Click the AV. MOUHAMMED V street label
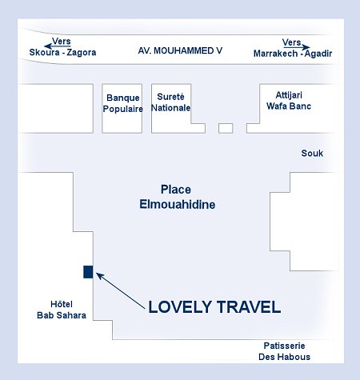[x=180, y=50]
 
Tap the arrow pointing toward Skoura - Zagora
[x=58, y=46]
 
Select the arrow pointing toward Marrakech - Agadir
[x=296, y=47]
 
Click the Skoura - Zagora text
[x=62, y=52]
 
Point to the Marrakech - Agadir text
[x=293, y=54]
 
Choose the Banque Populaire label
[x=122, y=103]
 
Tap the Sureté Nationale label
[x=170, y=102]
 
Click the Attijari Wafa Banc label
[x=289, y=101]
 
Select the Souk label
[x=312, y=153]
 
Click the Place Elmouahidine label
[x=177, y=197]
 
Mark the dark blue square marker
[x=88, y=272]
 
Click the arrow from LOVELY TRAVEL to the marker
[x=121, y=291]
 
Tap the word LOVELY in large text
[x=180, y=306]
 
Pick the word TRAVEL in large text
[x=249, y=306]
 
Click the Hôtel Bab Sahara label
[x=62, y=310]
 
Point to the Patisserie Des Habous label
[x=284, y=351]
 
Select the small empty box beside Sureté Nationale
[x=226, y=128]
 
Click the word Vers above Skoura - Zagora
[x=62, y=41]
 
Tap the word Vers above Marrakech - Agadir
[x=291, y=42]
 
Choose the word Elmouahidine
[x=178, y=205]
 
